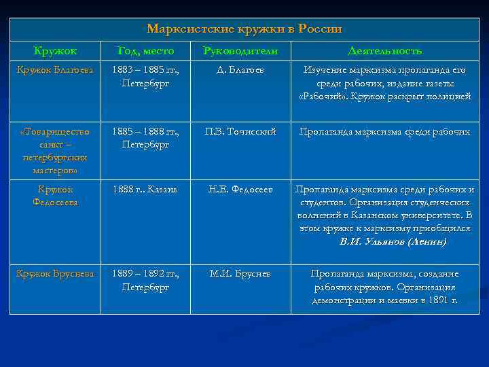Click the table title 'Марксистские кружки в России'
coord(244,29)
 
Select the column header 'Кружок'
coord(56,51)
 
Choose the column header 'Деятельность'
coord(384,51)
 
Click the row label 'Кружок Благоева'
coord(56,70)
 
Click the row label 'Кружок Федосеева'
coord(56,196)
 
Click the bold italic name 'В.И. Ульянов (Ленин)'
coord(393,241)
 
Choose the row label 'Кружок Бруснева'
coord(56,274)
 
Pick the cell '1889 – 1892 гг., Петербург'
coord(145,280)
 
